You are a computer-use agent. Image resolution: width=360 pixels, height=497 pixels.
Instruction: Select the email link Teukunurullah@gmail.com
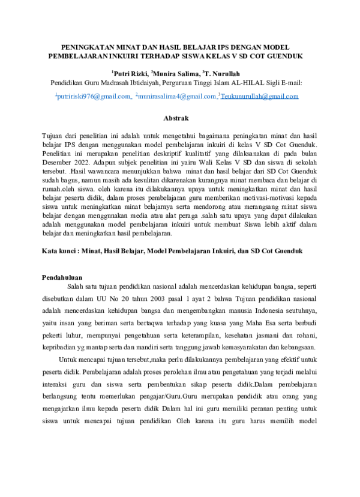[x=260, y=96]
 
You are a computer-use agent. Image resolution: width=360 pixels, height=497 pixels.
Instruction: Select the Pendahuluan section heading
[x=62, y=277]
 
